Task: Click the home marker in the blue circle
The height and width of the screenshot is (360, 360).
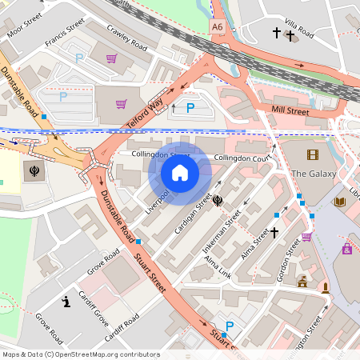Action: click(x=180, y=173)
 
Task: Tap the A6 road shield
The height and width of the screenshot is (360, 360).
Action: click(x=218, y=27)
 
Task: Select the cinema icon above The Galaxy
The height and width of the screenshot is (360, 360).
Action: click(x=311, y=154)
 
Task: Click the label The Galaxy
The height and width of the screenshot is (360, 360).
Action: click(x=309, y=174)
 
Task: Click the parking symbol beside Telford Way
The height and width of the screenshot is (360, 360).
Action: click(x=190, y=108)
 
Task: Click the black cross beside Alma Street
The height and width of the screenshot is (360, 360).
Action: click(x=274, y=232)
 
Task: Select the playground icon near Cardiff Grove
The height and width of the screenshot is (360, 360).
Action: click(x=66, y=302)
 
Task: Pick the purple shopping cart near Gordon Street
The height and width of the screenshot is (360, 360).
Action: click(x=306, y=237)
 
